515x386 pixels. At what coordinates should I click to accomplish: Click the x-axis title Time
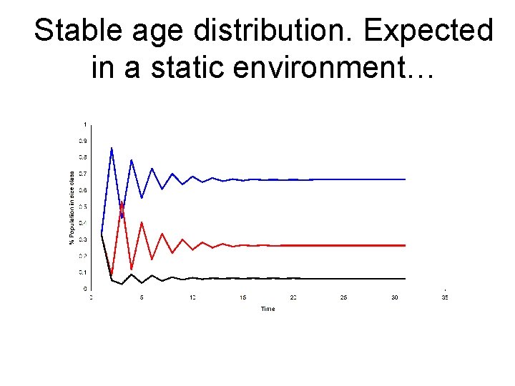click(x=268, y=309)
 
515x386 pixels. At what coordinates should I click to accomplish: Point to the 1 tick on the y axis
click(x=86, y=124)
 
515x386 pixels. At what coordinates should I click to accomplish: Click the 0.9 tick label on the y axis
click(x=84, y=141)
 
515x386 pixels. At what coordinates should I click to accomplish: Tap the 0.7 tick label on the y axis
click(x=84, y=174)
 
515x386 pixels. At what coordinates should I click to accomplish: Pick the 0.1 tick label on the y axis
click(x=84, y=272)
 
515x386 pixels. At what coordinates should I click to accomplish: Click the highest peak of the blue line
click(x=112, y=148)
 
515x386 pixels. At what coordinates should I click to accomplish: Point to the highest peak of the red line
click(x=122, y=203)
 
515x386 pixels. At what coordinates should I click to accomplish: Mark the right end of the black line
click(x=405, y=278)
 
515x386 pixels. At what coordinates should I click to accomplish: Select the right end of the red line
click(x=405, y=245)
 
